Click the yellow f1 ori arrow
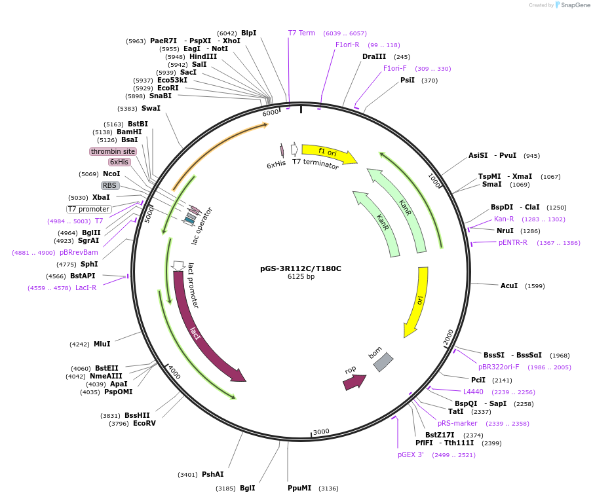328,153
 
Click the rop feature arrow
353,382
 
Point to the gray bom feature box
383,362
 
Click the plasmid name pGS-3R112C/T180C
301,268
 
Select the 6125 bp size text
301,277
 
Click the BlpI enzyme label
248,33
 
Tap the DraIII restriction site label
374,56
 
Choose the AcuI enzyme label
509,286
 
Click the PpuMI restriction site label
299,488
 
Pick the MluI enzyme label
102,344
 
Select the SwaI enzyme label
151,108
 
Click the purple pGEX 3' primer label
411,454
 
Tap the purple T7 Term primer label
301,33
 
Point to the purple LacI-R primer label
86,287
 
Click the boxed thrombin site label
113,151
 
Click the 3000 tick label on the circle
321,432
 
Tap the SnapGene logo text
575,5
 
